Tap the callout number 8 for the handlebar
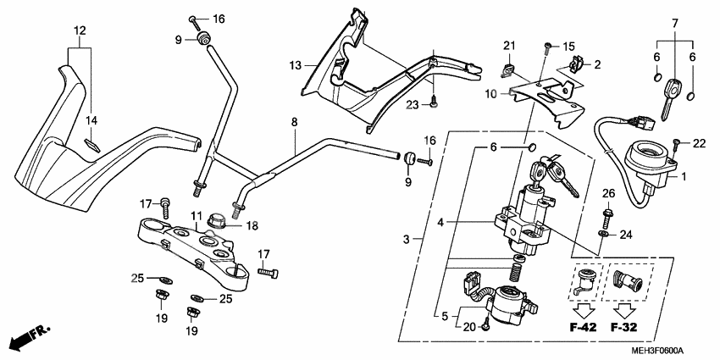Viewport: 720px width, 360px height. (294, 123)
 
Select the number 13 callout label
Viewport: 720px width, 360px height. (295, 65)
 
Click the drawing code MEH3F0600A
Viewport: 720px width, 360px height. (656, 351)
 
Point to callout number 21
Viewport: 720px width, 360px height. (509, 45)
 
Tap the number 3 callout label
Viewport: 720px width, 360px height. (408, 241)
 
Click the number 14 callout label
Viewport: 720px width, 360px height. (92, 120)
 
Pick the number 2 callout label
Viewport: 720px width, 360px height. (596, 64)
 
